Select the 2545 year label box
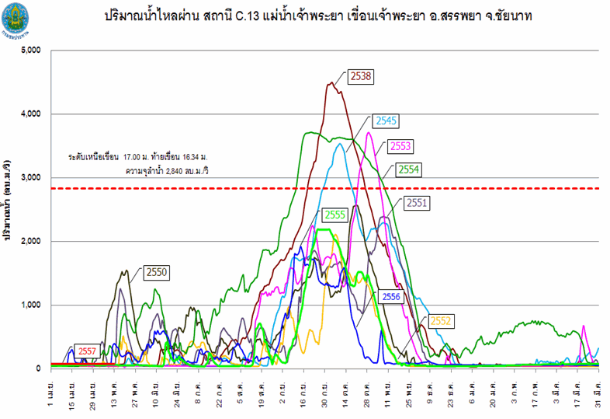point(386,120)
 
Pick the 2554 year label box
point(409,169)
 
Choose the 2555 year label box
point(336,215)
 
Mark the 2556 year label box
point(392,296)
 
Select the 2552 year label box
point(442,320)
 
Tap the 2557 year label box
point(87,351)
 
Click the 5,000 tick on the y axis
point(33,51)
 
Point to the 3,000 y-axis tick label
point(33,178)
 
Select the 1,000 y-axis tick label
point(33,305)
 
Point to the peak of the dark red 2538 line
point(331,82)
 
